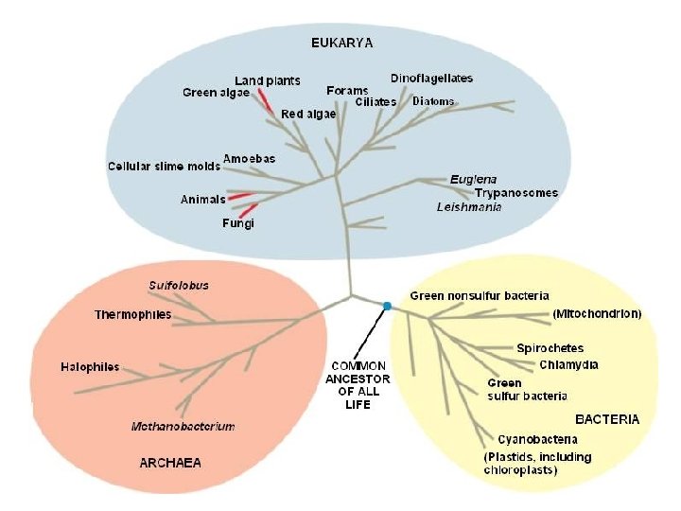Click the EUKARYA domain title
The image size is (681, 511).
pos(341,42)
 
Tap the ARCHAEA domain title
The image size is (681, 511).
pos(170,463)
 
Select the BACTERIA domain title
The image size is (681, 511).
pos(607,418)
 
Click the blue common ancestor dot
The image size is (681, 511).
pos(387,305)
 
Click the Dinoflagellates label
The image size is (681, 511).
pos(431,78)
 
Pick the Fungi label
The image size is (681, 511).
pos(238,223)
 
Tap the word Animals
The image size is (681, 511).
pos(203,200)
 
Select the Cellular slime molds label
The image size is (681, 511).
pos(164,166)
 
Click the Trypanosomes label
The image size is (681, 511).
pos(515,193)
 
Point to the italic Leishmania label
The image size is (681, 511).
pos(469,206)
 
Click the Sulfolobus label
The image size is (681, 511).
pos(179,285)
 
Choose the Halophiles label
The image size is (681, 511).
pos(90,366)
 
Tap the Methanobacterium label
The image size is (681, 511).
pos(183,426)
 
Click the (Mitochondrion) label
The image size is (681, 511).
pos(597,313)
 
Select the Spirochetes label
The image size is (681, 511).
pos(550,348)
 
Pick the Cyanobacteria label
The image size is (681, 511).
pos(537,439)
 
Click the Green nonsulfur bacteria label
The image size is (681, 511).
pos(480,296)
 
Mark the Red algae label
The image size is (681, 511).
pos(308,114)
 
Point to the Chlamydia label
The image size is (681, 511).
pos(568,364)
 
